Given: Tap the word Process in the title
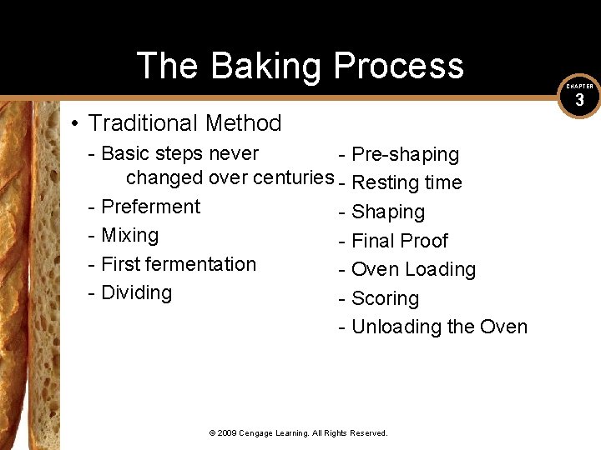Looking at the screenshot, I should coord(398,66).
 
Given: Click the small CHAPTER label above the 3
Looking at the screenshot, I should coord(579,86).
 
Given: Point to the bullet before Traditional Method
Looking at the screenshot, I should coord(75,124).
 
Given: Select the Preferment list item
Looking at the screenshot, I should coord(150,207).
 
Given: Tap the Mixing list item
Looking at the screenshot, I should coord(129,235).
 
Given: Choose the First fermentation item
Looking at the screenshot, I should coord(178,264).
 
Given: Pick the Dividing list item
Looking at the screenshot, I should coord(136,292).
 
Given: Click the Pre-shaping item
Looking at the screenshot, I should coord(405,154).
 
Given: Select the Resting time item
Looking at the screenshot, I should coord(407,183).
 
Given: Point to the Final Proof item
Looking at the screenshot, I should coord(400,241).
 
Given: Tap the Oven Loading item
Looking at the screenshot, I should coord(413,269).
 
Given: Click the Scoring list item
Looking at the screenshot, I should coord(385,298).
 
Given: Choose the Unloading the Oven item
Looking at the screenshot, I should coord(439,327).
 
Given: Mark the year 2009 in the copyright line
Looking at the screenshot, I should coord(227,433).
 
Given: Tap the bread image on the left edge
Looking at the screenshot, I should coord(29,275).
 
